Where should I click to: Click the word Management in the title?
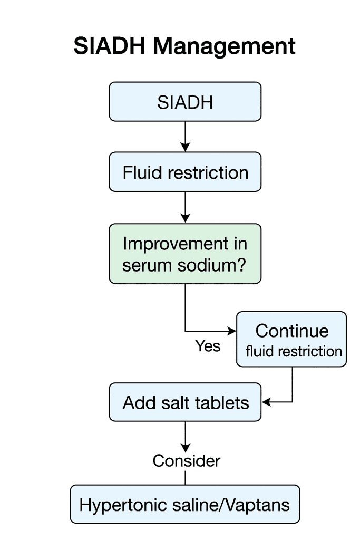(x=224, y=47)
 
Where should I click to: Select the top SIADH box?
(x=185, y=102)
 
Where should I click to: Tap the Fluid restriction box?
(x=185, y=172)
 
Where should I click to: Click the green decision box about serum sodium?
(x=185, y=254)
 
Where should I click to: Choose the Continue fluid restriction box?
(x=291, y=340)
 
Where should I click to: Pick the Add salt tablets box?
(x=185, y=403)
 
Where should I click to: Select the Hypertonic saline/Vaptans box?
(x=185, y=505)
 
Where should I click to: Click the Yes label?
(x=208, y=346)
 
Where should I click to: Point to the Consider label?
(x=186, y=461)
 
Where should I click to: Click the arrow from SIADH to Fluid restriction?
(x=185, y=137)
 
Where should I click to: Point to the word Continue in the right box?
(x=291, y=331)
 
